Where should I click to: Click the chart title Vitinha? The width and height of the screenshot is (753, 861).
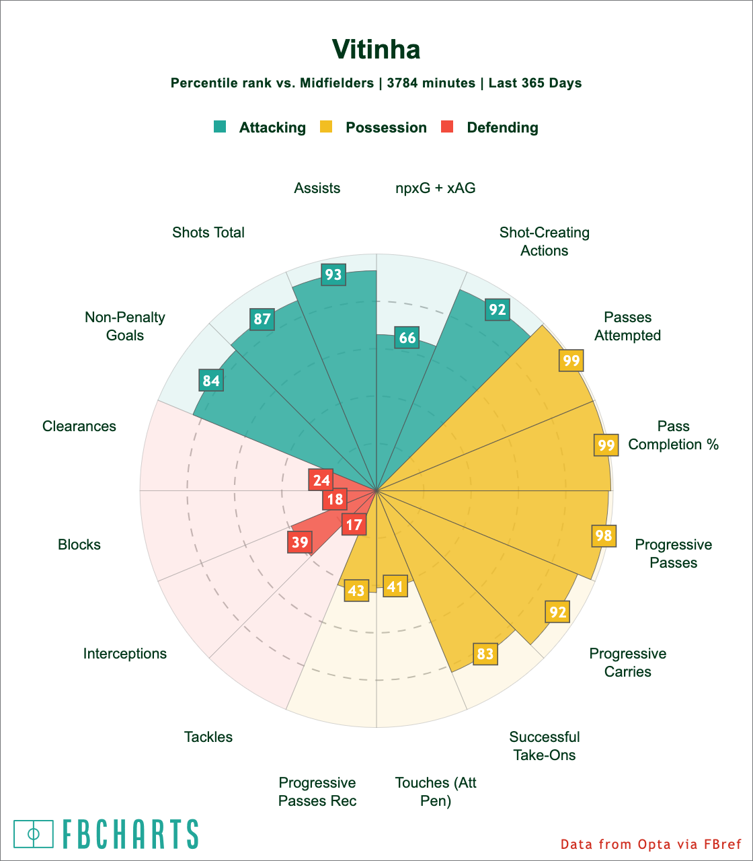(x=376, y=50)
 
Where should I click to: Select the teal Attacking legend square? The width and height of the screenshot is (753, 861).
(x=220, y=126)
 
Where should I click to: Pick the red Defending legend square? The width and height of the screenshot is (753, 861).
(x=447, y=126)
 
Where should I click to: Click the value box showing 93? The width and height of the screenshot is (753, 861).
(x=333, y=274)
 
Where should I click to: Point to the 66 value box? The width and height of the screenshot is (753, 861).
(x=407, y=338)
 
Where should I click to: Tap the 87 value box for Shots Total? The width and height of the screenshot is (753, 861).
(x=262, y=319)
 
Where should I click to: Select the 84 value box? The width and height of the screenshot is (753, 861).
(x=211, y=380)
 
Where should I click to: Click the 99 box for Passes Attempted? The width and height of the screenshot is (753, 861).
(x=571, y=361)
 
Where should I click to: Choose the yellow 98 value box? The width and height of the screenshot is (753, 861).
(x=604, y=535)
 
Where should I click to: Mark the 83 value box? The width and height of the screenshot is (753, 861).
(x=485, y=654)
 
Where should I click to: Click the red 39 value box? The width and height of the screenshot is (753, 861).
(x=300, y=543)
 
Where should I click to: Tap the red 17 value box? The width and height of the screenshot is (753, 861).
(x=353, y=524)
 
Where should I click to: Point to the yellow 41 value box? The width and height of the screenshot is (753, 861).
(x=395, y=587)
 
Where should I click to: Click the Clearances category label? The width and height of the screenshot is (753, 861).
(x=79, y=426)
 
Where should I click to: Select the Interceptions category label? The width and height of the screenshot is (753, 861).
(x=125, y=653)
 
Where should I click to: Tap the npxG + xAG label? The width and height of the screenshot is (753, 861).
(x=435, y=188)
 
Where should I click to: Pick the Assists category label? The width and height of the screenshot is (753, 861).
(x=317, y=188)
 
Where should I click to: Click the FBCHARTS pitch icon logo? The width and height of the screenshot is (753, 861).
(x=34, y=834)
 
